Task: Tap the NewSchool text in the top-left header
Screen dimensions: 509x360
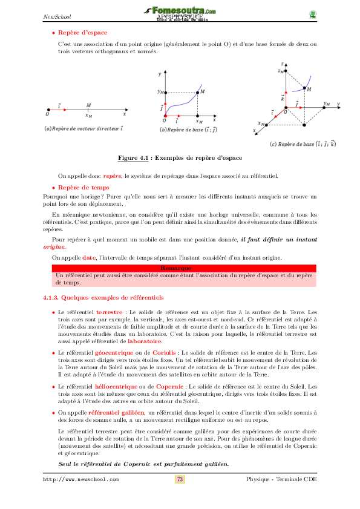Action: pyautogui.click(x=55, y=16)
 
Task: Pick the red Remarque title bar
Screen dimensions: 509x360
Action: pyautogui.click(x=179, y=268)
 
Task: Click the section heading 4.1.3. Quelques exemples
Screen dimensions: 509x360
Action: pyautogui.click(x=103, y=298)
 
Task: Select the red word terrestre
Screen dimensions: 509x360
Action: pyautogui.click(x=110, y=312)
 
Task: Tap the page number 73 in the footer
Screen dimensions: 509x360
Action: pyautogui.click(x=180, y=479)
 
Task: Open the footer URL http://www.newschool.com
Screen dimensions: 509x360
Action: pyautogui.click(x=80, y=480)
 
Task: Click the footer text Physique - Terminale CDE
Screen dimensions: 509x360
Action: pyautogui.click(x=281, y=479)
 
